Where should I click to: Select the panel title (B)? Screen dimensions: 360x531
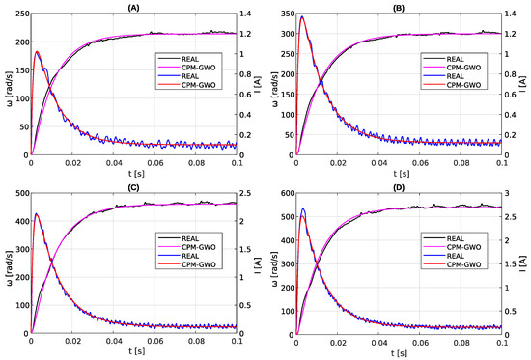click(x=398, y=7)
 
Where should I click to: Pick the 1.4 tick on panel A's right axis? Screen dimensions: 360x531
click(x=247, y=14)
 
